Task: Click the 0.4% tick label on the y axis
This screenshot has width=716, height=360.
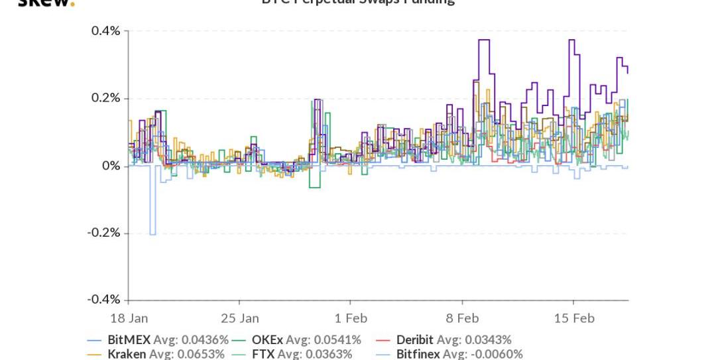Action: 105,31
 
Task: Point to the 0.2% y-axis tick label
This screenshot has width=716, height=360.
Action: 105,98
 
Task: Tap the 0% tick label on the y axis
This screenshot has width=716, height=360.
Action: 111,166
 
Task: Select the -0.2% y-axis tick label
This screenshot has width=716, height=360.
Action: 103,233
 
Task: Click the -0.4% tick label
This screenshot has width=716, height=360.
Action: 103,300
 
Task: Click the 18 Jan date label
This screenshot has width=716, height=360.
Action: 129,318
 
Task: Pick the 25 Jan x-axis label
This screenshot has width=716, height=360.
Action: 240,318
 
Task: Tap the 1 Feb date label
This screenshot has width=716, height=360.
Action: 351,318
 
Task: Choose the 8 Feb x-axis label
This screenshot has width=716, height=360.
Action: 462,318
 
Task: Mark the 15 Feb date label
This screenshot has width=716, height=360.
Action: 574,318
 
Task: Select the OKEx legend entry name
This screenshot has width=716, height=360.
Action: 267,340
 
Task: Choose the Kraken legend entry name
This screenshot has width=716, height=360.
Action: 127,354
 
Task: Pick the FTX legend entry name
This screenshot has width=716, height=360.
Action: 263,354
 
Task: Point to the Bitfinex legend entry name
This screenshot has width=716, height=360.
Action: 418,354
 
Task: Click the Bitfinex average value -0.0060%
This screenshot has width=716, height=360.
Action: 494,354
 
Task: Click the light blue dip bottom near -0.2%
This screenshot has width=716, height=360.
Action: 152,234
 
